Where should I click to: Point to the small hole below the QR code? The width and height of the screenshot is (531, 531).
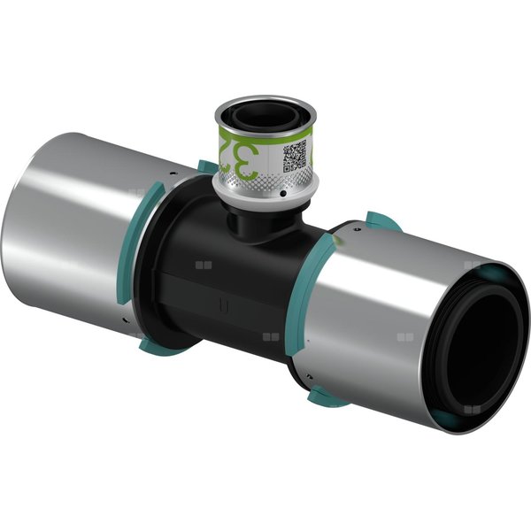coord(281,190)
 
